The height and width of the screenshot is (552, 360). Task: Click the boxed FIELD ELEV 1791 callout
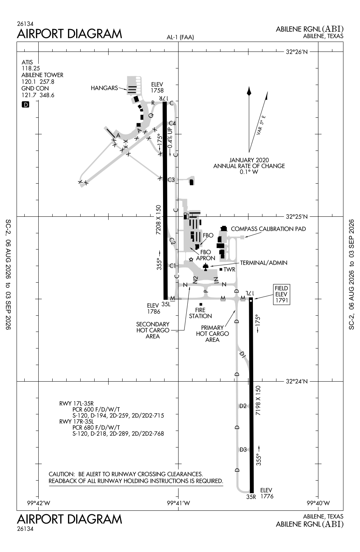pos(281,294)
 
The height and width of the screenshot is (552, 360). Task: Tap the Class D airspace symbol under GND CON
pos(25,105)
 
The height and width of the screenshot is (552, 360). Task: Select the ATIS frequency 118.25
pos(31,68)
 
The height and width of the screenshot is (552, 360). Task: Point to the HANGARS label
pos(104,88)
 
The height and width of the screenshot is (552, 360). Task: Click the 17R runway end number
pos(163,98)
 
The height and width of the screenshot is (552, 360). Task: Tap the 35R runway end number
pos(251,497)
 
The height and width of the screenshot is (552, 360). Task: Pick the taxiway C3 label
pos(171,180)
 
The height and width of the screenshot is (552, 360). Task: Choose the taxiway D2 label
pos(243,406)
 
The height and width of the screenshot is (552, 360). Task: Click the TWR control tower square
pos(221,269)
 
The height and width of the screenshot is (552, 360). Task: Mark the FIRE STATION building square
pos(201,304)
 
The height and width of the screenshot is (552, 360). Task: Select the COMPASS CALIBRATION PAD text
pos(268,229)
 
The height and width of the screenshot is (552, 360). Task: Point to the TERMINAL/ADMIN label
pos(264,263)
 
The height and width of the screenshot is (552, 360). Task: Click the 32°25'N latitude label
pos(297,217)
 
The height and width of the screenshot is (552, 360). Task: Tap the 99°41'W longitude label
pos(179,503)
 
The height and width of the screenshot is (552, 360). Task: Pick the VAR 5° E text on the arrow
pos(261,125)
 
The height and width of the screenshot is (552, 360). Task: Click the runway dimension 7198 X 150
pos(258,400)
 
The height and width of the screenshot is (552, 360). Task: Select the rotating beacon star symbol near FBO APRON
pos(191,259)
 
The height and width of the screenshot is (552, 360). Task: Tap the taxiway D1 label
pos(243,355)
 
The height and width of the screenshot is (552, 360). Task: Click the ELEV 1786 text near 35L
pos(153,308)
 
